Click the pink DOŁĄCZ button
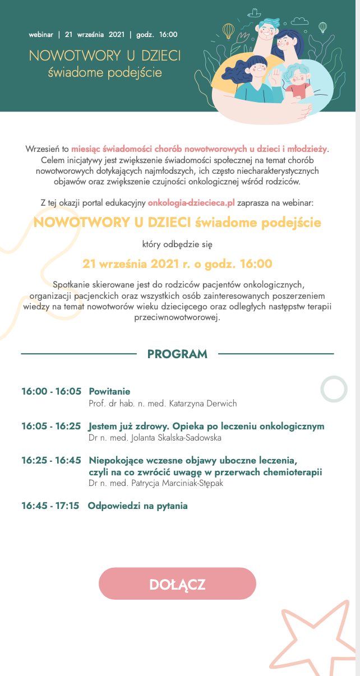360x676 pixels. (177, 584)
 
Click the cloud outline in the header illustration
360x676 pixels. (300, 20)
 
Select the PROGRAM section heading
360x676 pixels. (177, 354)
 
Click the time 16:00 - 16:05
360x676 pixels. (52, 391)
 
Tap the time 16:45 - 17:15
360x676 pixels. (50, 506)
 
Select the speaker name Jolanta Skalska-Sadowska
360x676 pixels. (162, 438)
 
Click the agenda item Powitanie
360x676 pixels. (109, 391)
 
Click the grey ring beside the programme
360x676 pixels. (335, 388)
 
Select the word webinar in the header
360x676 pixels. (41, 34)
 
